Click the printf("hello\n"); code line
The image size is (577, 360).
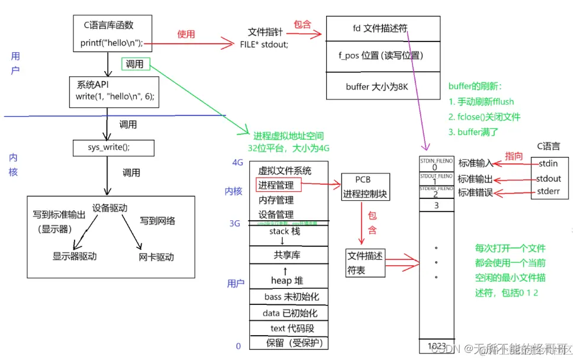coord(112,43)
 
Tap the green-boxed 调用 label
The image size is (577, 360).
coord(136,64)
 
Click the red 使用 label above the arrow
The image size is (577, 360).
coord(186,34)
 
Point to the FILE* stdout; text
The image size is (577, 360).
coord(265,44)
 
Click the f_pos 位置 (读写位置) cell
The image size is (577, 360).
coord(382,56)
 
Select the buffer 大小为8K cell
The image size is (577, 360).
coord(382,86)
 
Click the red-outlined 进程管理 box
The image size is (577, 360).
coord(279,185)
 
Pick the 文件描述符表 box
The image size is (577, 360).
coord(365,263)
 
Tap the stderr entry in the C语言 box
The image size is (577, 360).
coord(549,191)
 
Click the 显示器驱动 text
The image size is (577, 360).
coord(75,256)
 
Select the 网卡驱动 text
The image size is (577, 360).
coord(156,257)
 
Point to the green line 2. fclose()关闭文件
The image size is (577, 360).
coord(485,117)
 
